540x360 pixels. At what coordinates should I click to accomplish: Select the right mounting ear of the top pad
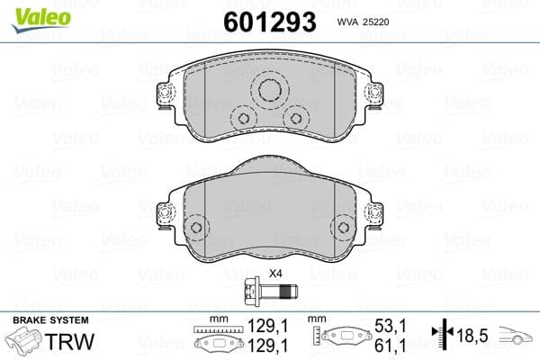point(372,94)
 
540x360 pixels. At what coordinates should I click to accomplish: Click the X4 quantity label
point(276,274)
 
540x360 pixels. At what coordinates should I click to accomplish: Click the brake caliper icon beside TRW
point(26,343)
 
